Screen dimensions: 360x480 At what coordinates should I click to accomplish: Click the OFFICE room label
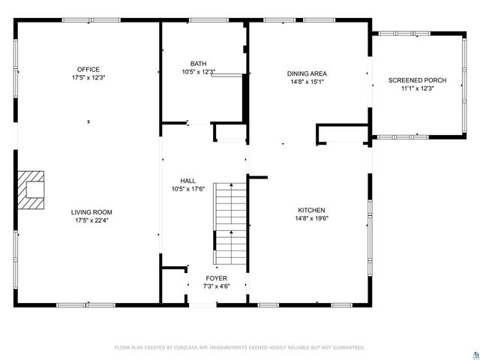[88, 70]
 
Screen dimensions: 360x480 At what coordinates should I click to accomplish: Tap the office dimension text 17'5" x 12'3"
[88, 78]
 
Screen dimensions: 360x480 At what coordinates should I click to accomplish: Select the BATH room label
[198, 64]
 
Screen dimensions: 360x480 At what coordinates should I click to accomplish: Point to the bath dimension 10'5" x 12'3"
[198, 72]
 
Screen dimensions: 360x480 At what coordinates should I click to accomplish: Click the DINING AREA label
[307, 73]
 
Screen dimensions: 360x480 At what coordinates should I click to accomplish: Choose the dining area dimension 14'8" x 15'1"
[307, 82]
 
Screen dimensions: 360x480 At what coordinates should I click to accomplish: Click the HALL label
[187, 181]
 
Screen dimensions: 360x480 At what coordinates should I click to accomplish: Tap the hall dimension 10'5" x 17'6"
[187, 189]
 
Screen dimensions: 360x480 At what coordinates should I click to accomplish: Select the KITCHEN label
[311, 210]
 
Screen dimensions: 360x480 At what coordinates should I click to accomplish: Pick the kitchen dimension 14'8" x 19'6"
[311, 218]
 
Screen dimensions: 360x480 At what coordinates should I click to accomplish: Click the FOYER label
[217, 277]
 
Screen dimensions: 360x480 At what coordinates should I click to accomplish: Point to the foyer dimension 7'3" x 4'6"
[217, 286]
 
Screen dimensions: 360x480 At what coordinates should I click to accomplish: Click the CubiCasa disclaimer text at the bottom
[239, 347]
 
